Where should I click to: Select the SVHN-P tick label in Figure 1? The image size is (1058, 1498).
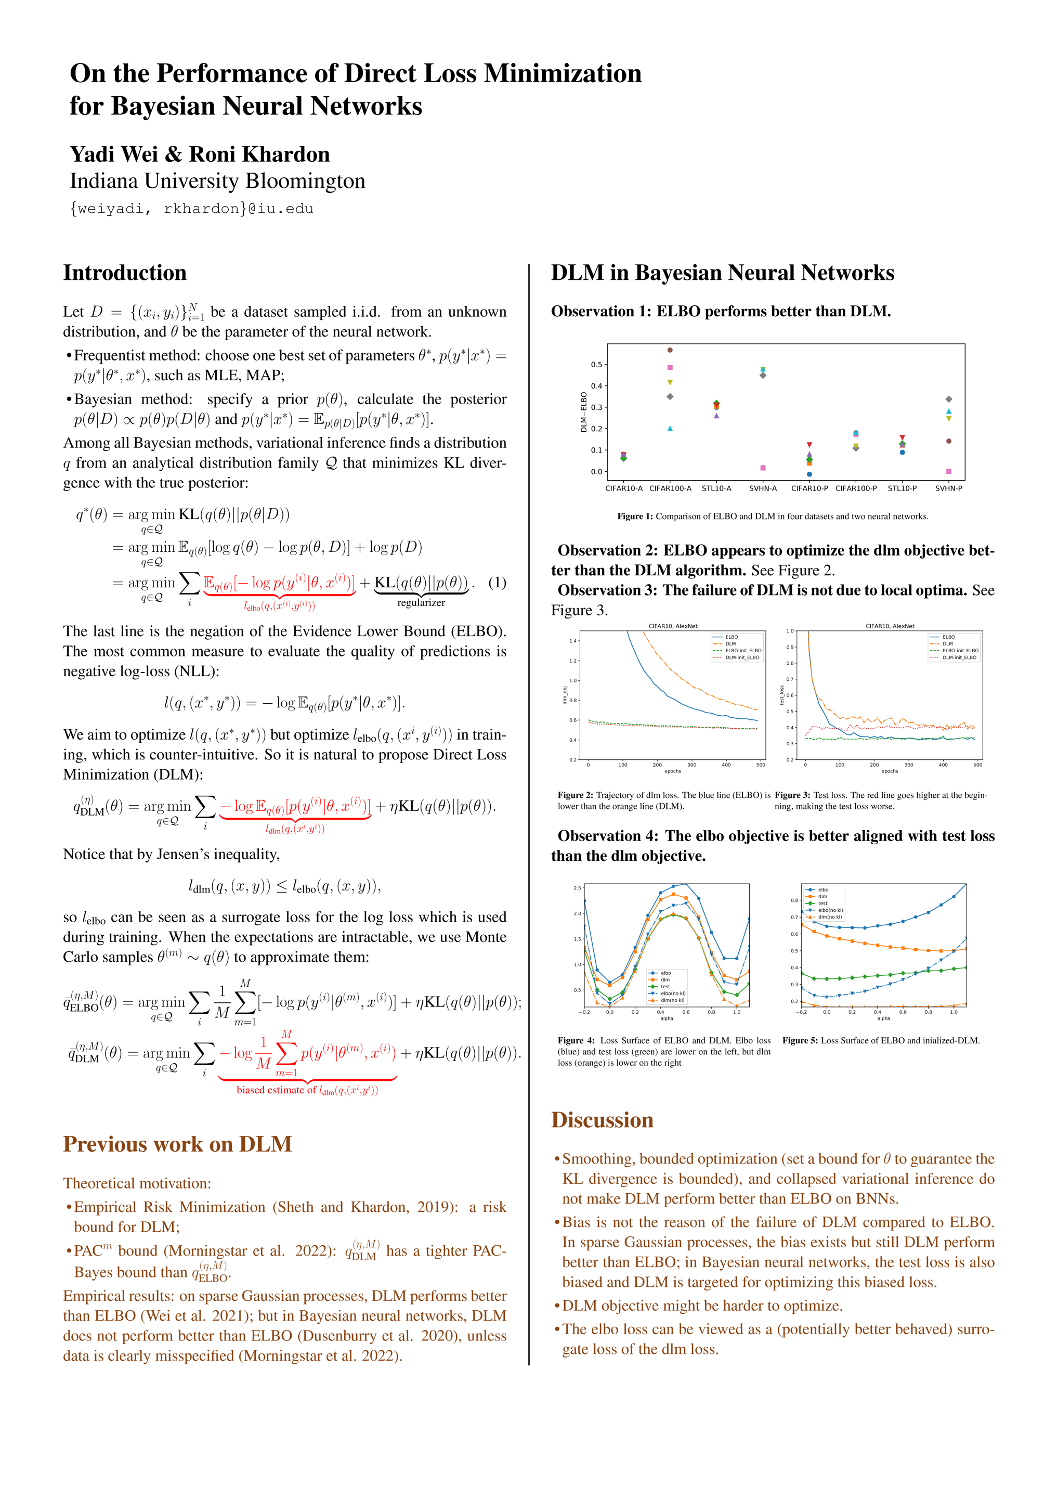click(x=948, y=488)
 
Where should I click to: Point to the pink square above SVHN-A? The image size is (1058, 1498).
click(x=763, y=468)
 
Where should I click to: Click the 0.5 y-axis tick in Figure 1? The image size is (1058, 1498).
click(x=596, y=365)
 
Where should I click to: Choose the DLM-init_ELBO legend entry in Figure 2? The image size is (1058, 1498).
click(x=742, y=657)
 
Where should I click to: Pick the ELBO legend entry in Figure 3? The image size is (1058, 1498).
click(x=948, y=637)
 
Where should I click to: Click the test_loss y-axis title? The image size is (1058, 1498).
click(x=781, y=695)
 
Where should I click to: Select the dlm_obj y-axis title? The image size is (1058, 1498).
click(x=565, y=695)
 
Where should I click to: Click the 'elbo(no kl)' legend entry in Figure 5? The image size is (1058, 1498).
click(x=830, y=910)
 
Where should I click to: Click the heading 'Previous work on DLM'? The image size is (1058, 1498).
click(x=177, y=1144)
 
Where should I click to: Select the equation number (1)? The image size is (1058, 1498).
click(x=497, y=583)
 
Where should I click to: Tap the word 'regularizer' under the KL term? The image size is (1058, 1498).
click(x=421, y=603)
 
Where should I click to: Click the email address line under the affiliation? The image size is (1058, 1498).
click(x=192, y=209)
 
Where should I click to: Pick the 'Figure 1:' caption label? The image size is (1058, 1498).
click(x=635, y=516)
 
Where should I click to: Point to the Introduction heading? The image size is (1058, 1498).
click(x=125, y=273)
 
